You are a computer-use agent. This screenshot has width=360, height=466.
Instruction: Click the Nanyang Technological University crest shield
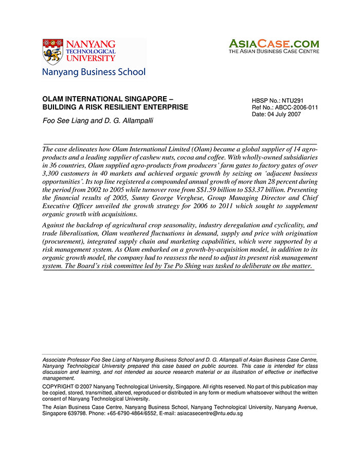(52, 51)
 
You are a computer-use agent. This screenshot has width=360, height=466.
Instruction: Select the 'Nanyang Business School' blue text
(94, 72)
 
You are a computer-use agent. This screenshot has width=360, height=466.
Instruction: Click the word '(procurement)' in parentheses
(64, 241)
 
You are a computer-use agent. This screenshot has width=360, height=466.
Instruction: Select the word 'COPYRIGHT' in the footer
(58, 386)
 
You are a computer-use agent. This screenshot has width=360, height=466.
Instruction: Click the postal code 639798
(78, 413)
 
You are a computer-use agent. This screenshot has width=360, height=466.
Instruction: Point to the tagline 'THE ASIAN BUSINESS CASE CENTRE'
(274, 51)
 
